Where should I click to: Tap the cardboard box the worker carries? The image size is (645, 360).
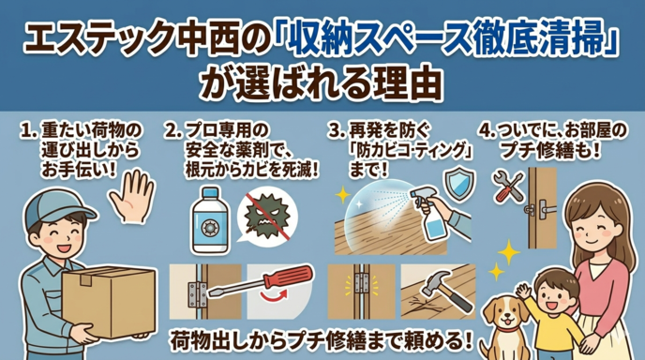pos(109,300)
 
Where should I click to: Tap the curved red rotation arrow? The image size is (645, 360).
pos(275,295)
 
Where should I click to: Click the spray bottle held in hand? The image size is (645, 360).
pos(427,213)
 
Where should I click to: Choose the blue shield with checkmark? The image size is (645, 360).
pos(459,185)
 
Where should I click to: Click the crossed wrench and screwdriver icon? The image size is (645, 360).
pos(508,187)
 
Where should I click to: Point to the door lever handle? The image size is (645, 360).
pos(542,209)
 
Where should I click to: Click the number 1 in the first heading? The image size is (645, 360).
pos(25,131)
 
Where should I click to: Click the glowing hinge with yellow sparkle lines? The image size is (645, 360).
pos(361,283)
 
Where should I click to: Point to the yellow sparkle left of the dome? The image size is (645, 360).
pos(343,195)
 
